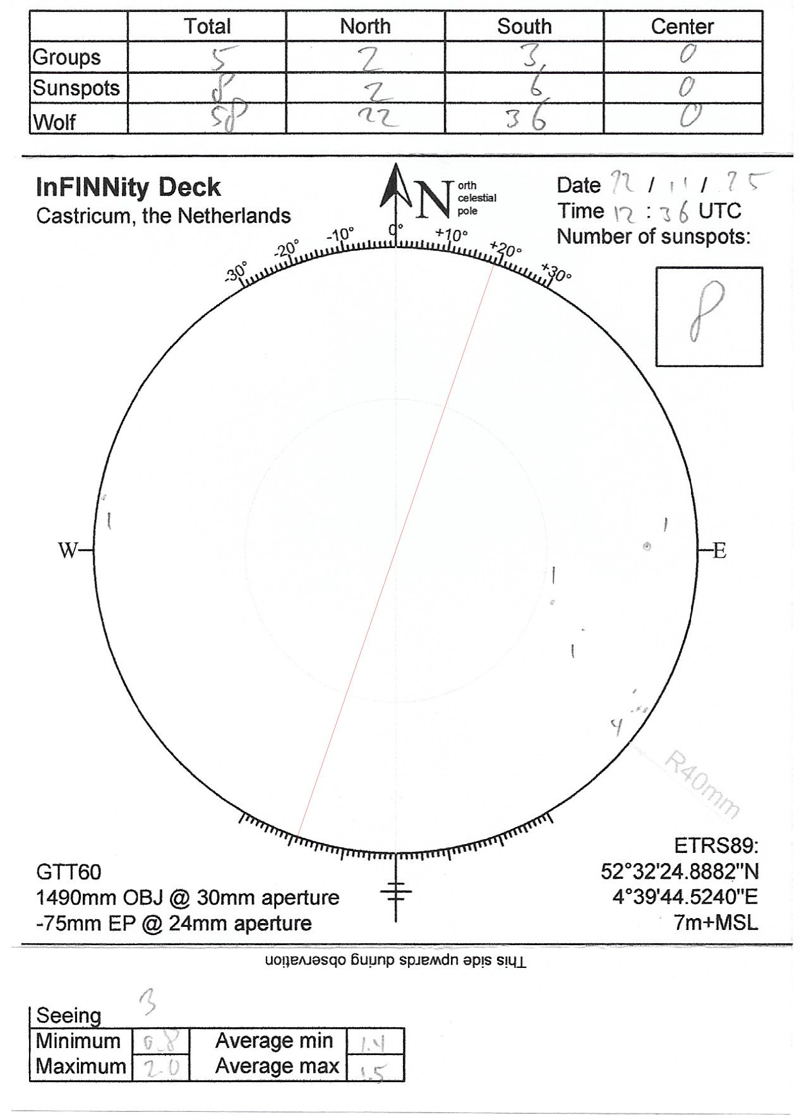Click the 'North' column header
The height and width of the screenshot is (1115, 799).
click(365, 27)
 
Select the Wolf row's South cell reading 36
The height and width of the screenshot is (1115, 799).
click(525, 118)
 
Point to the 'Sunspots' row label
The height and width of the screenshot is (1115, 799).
click(76, 88)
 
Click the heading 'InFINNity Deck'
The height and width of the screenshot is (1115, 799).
click(128, 188)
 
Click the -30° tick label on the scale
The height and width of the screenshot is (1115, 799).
click(236, 273)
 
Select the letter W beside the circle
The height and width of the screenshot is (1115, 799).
click(68, 551)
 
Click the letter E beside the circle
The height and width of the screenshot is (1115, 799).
click(719, 551)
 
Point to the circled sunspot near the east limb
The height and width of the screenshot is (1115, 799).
click(647, 546)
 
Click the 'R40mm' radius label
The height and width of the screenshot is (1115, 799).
click(702, 784)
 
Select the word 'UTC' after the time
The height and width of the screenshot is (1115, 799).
click(719, 211)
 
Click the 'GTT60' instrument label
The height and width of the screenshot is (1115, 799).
click(68, 872)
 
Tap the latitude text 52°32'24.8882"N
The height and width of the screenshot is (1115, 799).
click(680, 871)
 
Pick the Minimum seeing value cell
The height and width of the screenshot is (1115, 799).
click(160, 1040)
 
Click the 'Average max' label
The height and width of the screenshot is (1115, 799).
click(277, 1066)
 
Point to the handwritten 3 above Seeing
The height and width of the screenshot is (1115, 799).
click(148, 1001)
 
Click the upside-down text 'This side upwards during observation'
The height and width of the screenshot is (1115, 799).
click(395, 962)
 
